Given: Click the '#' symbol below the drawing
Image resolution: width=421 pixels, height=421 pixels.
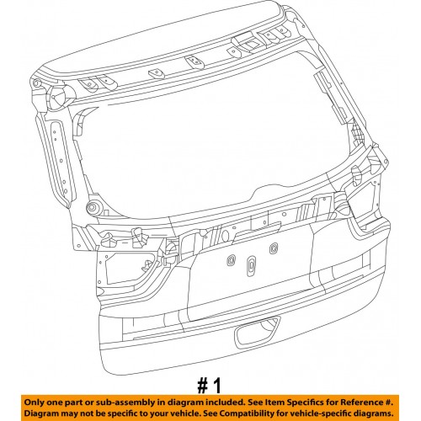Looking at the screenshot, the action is (x=203, y=386).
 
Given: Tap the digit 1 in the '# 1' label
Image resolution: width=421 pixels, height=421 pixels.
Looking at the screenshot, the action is (x=217, y=386).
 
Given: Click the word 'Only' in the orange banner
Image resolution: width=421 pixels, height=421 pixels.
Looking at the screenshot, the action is (x=34, y=402).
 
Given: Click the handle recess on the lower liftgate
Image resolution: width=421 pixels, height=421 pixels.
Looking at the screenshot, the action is (x=258, y=332).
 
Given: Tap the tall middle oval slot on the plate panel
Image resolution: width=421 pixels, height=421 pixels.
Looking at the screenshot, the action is (x=251, y=266).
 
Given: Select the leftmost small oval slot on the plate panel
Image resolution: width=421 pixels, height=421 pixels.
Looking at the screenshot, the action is (x=231, y=260).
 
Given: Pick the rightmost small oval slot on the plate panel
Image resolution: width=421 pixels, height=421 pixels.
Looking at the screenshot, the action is (x=274, y=248).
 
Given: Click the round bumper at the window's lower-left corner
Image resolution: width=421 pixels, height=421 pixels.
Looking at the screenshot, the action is (x=92, y=208).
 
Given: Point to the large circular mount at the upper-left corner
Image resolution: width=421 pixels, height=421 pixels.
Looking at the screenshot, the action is (x=58, y=95).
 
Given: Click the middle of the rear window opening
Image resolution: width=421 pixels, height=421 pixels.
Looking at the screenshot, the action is (x=213, y=141).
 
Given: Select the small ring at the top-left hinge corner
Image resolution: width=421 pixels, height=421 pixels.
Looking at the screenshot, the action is (x=36, y=83).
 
